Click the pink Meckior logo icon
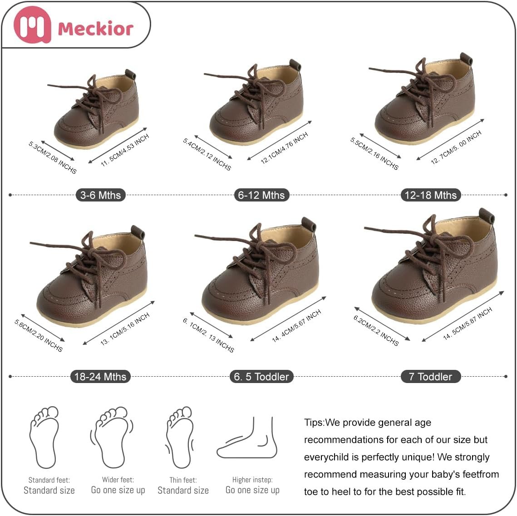pos(32,25)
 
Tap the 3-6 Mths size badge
pos(101,195)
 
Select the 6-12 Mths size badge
pos(261,195)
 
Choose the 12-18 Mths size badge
pos(430,195)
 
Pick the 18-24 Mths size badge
pos(100,376)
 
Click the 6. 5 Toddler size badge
pos(261,376)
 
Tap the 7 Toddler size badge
pos(430,376)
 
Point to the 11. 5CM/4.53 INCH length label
pos(125,150)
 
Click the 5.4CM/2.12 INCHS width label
pos(207,154)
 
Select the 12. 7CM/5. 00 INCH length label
pos(456,147)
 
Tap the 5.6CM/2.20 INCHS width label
pos(38,335)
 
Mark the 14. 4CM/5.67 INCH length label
pos(296,326)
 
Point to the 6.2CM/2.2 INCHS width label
pos(376,330)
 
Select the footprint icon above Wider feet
pos(112,437)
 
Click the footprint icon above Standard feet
pos(44,437)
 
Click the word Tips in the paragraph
pos(314,423)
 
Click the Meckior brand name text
pos(96,28)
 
